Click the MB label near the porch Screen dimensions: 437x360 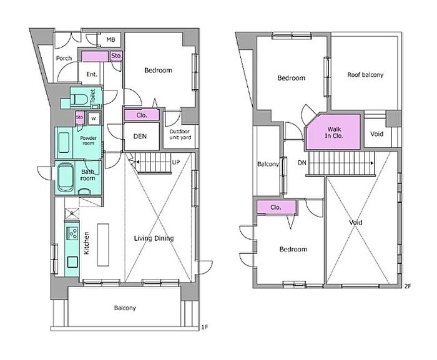coord(110,40)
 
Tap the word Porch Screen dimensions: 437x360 coord(64,58)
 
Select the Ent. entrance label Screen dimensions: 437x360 coord(92,74)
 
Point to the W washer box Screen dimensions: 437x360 coord(94,119)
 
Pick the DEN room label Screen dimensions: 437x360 coord(140,136)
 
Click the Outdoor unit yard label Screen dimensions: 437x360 coord(180,134)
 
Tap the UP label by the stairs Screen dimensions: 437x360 coord(175,162)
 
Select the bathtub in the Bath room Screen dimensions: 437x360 coord(66,177)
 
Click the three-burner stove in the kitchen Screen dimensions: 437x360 coord(73,233)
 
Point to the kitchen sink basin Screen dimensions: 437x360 coord(72,262)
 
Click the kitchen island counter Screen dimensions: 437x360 coord(103,245)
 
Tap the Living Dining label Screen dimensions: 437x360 coord(154,238)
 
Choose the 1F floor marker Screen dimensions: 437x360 coord(204,327)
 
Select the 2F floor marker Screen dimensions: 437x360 coord(407,286)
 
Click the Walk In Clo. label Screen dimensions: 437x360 coord(334,133)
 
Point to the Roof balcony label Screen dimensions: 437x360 coord(365,75)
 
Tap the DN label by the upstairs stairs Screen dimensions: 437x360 coord(302,162)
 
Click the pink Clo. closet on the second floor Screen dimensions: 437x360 coord(276,207)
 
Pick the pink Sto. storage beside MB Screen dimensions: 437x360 coord(116,56)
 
